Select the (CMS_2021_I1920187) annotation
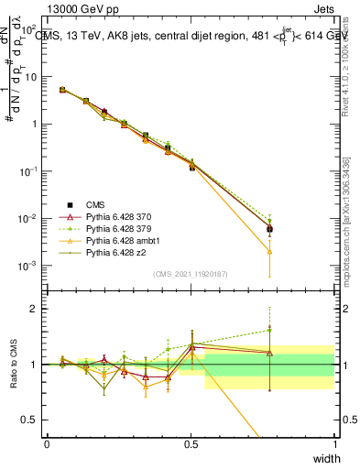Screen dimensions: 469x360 pos(191,273)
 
